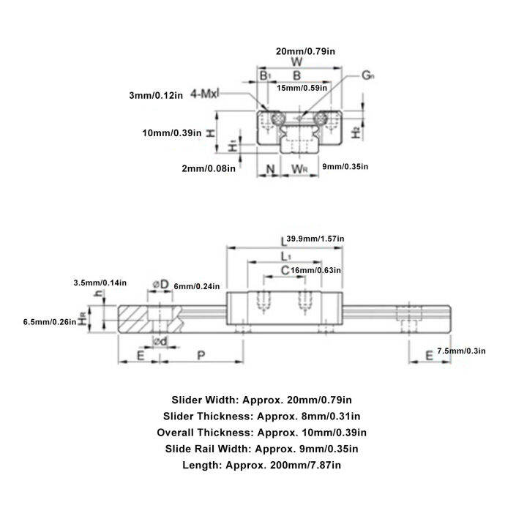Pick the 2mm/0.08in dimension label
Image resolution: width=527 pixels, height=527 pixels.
pos(208,168)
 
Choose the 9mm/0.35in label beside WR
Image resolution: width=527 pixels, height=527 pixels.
pos(345,167)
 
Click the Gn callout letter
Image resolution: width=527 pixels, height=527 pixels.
pos(368,75)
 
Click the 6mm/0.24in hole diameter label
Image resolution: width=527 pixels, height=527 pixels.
pos(197,286)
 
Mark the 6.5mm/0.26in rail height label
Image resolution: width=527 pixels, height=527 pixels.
pos(50,321)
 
